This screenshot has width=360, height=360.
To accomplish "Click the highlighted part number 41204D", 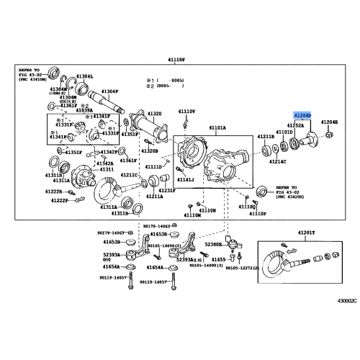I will click(x=302, y=114).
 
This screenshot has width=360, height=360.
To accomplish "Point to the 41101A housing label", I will click(x=217, y=127).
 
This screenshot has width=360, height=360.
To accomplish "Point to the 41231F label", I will click(x=166, y=190).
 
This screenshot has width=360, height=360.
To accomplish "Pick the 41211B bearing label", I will click(x=266, y=136).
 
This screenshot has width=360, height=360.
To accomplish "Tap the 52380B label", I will click(x=215, y=245).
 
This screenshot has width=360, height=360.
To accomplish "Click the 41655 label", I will click(x=219, y=259).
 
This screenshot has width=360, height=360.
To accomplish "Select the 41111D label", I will click(x=153, y=166).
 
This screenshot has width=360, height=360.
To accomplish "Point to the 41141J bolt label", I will click(x=186, y=179).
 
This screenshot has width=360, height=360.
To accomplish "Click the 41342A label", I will click(x=105, y=163).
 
